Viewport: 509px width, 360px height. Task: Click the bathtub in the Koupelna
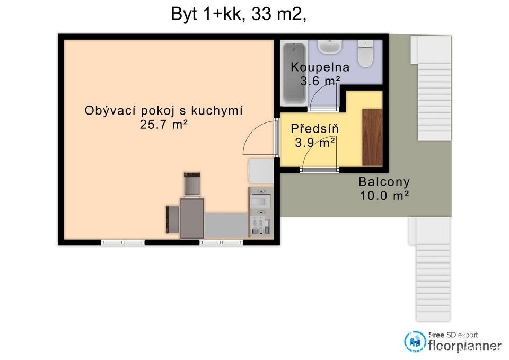(294, 73)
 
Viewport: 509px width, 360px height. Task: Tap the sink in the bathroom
(330, 47)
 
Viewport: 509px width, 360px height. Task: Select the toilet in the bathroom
(365, 53)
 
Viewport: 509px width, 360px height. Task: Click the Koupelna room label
(320, 67)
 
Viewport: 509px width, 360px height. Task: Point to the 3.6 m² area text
(320, 81)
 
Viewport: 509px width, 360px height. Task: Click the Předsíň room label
(314, 128)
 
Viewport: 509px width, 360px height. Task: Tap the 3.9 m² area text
(314, 143)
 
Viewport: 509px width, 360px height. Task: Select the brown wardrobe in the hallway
(372, 137)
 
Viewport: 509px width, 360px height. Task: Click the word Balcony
(384, 182)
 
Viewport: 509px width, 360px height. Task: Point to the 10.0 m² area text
(384, 196)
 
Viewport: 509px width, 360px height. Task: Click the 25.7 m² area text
(164, 124)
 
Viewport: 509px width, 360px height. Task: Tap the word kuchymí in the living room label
(216, 111)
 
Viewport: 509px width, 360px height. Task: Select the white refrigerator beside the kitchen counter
(261, 171)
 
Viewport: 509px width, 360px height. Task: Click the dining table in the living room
(192, 218)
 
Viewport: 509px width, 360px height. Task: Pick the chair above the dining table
(192, 184)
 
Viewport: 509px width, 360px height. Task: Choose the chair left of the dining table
(173, 219)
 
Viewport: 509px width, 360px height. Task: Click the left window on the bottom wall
(122, 242)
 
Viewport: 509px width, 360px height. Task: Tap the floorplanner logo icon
(415, 341)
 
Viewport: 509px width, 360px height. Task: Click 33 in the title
(261, 14)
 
